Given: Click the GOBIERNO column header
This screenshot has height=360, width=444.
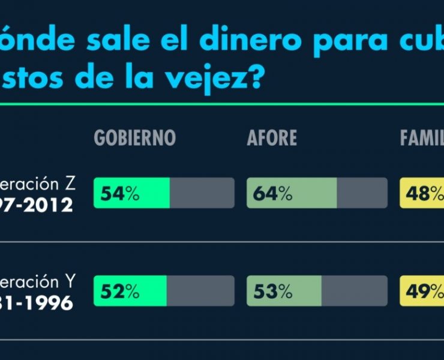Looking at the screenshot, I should point(134,138).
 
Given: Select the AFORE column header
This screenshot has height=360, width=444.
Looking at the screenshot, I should point(272,138).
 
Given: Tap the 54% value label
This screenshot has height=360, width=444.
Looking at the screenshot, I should point(120,193).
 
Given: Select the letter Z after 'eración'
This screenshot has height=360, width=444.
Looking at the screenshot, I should point(70,184).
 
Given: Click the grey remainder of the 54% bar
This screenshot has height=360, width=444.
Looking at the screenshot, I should point(202,193).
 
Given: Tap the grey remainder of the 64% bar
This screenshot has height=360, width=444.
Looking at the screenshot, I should point(362,193).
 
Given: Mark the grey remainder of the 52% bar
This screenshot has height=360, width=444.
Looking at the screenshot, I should point(200,292).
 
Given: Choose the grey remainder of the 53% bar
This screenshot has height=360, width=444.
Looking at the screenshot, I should point(354,292).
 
